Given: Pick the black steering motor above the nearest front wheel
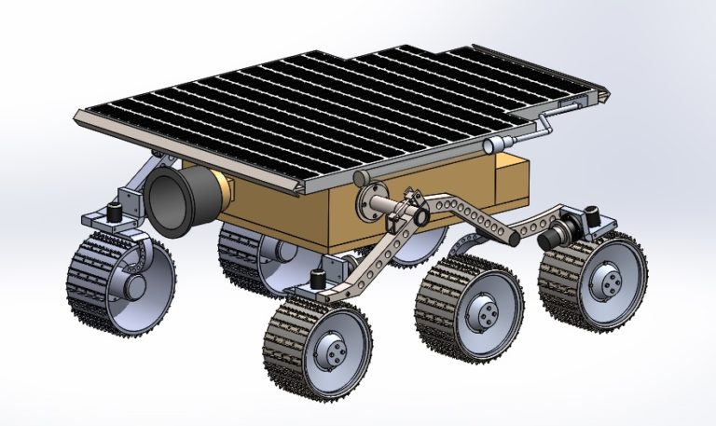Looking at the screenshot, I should coord(318,279).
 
